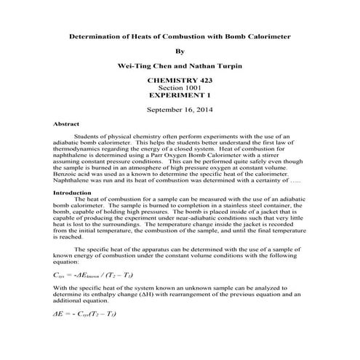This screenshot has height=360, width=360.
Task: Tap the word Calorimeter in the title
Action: [x=265, y=35]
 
